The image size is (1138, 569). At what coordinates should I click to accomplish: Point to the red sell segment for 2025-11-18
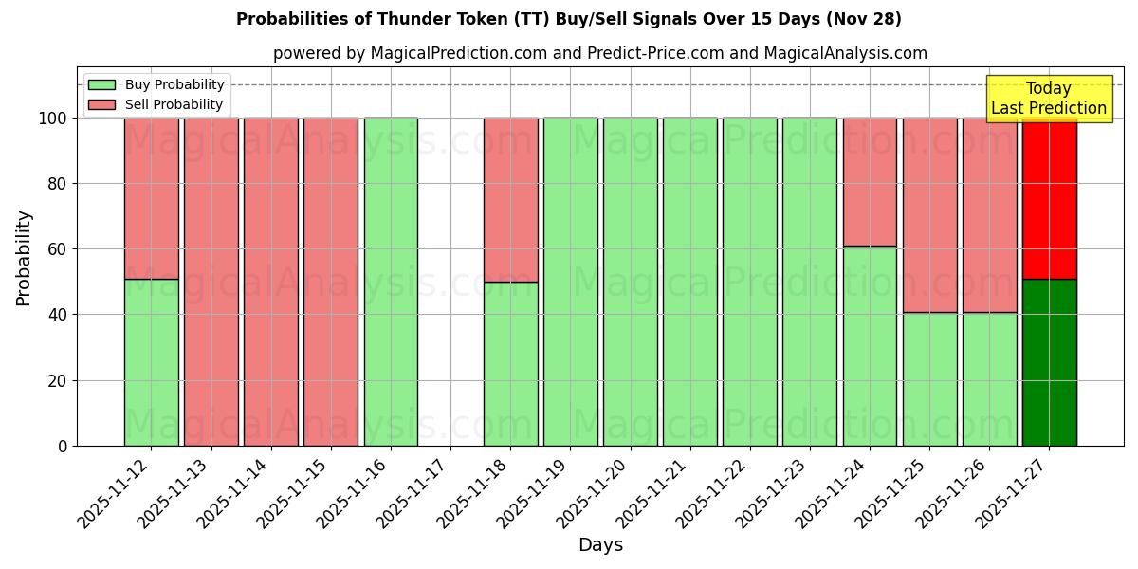pyautogui.click(x=510, y=199)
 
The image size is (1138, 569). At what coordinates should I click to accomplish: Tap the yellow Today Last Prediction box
pyautogui.click(x=1048, y=99)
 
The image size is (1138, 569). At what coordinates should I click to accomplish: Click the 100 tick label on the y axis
pyautogui.click(x=52, y=119)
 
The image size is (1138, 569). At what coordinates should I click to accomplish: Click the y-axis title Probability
pyautogui.click(x=24, y=258)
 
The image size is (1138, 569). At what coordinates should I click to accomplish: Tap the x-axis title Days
pyautogui.click(x=600, y=545)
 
